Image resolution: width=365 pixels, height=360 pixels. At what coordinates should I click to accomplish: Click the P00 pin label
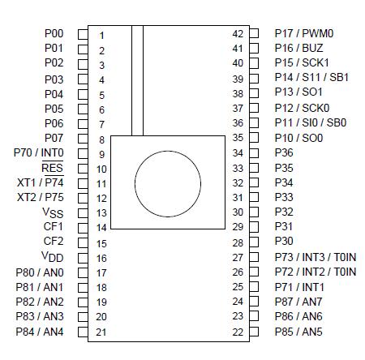click(53, 34)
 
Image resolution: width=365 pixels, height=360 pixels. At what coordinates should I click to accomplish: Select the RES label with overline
click(52, 168)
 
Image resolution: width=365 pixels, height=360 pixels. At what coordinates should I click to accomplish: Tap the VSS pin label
click(52, 212)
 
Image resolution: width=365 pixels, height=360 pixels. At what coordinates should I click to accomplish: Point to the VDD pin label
click(52, 257)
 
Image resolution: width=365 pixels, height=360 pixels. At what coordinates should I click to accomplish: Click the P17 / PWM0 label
click(304, 33)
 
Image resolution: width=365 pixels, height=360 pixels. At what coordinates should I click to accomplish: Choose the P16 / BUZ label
click(299, 49)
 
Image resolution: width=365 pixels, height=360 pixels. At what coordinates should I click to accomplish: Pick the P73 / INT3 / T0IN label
click(316, 257)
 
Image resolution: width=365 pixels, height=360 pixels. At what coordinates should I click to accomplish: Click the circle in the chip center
click(165, 182)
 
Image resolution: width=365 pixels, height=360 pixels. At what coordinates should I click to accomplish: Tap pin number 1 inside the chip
click(101, 36)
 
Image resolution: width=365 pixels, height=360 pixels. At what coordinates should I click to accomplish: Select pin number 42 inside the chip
click(238, 34)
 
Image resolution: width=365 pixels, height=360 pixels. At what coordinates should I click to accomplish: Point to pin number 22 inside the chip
click(238, 332)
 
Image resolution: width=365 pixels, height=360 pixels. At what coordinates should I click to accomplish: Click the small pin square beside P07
click(82, 139)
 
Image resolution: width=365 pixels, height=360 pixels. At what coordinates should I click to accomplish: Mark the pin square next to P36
click(254, 152)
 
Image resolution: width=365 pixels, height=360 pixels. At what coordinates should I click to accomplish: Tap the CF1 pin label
click(53, 227)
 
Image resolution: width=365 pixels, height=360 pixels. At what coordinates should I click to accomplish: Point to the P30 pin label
click(284, 242)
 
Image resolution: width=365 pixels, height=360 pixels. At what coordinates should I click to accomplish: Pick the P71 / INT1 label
click(299, 286)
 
